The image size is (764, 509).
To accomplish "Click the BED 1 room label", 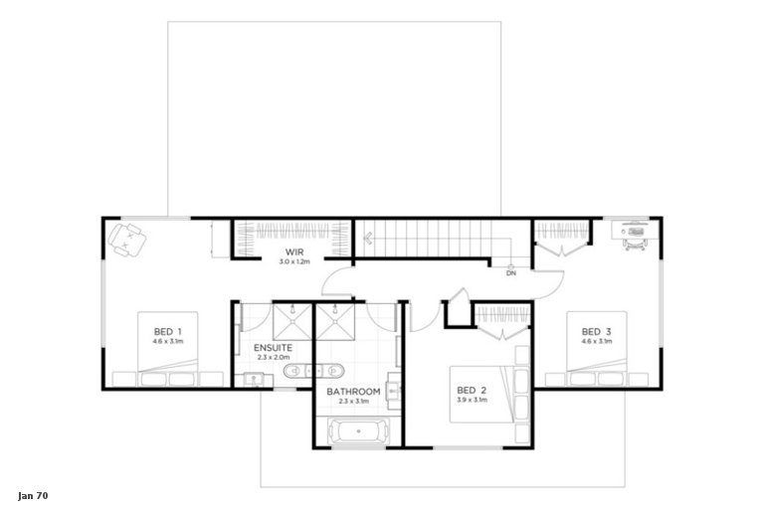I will click(x=167, y=331).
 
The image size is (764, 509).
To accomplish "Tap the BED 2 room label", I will click(x=472, y=390).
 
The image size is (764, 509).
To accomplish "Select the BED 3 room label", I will click(x=596, y=331).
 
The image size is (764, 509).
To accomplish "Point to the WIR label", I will click(x=293, y=253).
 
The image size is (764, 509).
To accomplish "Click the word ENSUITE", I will click(x=272, y=347).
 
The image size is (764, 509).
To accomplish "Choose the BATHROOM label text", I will click(x=354, y=391).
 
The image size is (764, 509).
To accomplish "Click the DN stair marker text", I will click(x=510, y=272).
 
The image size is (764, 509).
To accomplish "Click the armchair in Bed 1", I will click(x=128, y=239).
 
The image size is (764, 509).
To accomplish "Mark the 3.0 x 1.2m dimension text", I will click(x=293, y=262).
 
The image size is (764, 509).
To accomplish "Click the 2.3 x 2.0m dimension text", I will click(x=272, y=357).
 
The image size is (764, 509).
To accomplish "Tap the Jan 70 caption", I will click(x=33, y=494).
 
